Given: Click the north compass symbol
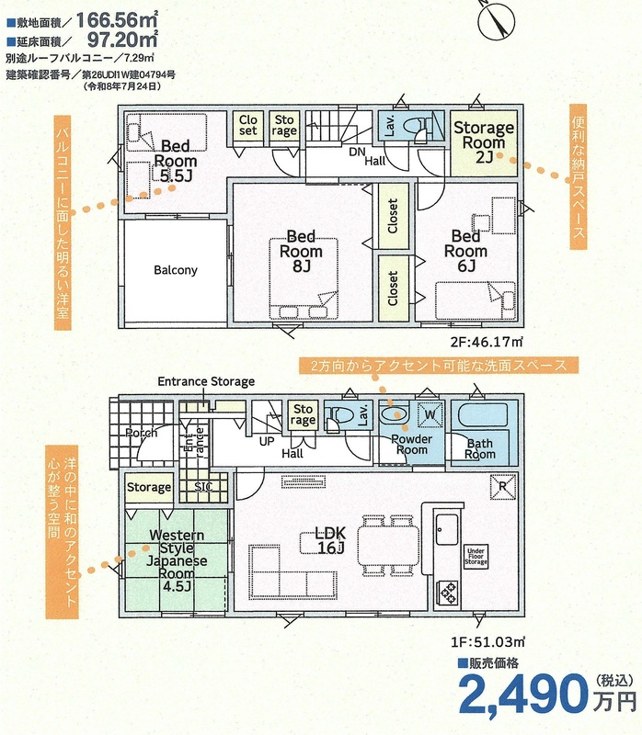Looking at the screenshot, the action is click(x=497, y=20).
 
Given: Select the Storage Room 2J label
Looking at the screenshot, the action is click(x=484, y=142).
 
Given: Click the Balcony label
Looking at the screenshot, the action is click(x=176, y=270).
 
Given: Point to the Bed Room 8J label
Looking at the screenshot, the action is click(x=301, y=251).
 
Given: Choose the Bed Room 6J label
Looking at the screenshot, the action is click(x=465, y=251).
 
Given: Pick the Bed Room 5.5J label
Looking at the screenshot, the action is click(x=175, y=161).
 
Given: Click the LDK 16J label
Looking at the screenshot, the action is click(x=330, y=539).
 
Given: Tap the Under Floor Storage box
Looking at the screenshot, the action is click(x=476, y=557).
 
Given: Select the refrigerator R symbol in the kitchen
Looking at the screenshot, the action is click(x=502, y=487).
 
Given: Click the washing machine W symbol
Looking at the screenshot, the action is click(x=430, y=414).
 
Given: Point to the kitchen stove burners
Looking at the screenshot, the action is click(x=447, y=592).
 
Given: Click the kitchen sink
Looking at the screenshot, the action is click(x=447, y=529).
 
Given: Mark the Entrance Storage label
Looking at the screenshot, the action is click(x=206, y=381).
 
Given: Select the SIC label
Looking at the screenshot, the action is click(x=203, y=487).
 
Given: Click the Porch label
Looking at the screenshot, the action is click(x=142, y=433).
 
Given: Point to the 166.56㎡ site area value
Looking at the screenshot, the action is click(x=118, y=20).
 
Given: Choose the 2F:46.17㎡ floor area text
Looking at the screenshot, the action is click(x=487, y=342).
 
